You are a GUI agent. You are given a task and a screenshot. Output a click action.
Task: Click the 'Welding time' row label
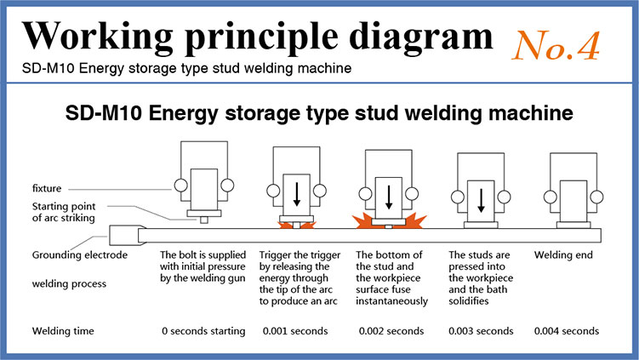(62, 330)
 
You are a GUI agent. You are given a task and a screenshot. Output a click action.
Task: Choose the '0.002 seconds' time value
(391, 330)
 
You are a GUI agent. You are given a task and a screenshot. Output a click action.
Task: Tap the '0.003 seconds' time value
(481, 330)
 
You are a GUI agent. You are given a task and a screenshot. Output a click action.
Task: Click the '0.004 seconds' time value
(567, 330)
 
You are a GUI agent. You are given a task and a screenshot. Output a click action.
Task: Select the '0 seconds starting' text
(203, 330)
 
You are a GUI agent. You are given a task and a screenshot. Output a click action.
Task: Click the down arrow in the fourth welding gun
(481, 199)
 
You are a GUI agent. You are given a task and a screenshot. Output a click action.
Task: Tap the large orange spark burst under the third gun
(389, 223)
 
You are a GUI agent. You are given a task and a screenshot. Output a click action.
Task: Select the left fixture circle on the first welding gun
(180, 185)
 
